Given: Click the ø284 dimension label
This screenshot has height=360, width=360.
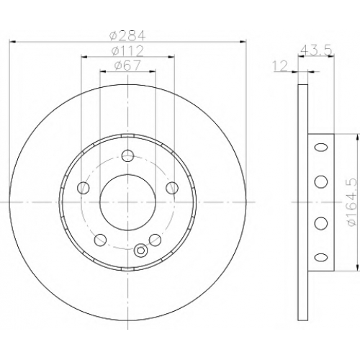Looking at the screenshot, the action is click(127, 36).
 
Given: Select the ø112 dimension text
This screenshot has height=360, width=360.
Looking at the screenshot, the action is click(127, 51).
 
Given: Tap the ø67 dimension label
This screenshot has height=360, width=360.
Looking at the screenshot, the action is click(127, 66).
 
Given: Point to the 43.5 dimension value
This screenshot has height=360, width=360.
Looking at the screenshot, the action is click(316, 50).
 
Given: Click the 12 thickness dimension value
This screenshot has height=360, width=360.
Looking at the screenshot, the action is click(280, 66).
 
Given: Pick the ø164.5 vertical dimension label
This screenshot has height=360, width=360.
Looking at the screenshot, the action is click(351, 203).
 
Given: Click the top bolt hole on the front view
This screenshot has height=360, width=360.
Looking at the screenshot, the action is click(127, 156).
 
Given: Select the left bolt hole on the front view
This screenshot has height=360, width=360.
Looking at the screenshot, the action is click(84, 188).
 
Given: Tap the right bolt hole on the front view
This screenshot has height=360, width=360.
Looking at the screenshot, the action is click(172, 188).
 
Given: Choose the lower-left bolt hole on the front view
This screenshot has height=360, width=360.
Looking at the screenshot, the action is click(100, 240).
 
